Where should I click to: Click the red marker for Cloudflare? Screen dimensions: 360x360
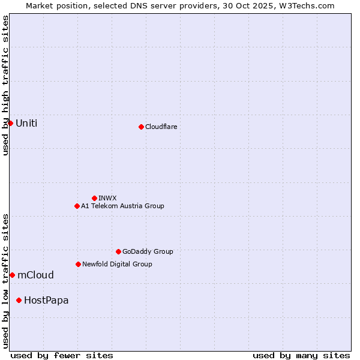tap(141, 127)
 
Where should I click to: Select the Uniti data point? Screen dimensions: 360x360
tap(10, 123)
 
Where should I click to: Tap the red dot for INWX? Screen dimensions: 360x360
tap(94, 198)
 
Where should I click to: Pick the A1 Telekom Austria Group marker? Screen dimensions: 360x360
tap(77, 206)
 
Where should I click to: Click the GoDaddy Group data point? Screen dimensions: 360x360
tap(118, 251)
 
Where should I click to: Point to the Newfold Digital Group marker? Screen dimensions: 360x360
tap(78, 264)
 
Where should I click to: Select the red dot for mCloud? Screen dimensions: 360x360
tap(12, 275)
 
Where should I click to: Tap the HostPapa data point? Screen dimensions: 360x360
tap(19, 300)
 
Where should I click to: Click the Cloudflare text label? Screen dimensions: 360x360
tap(161, 127)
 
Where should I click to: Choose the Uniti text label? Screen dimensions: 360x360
tap(26, 123)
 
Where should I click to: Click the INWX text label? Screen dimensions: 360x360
tap(107, 198)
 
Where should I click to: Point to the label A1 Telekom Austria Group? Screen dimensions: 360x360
tap(122, 206)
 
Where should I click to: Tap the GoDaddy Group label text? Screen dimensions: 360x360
tap(148, 251)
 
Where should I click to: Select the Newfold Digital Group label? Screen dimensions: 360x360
tap(117, 264)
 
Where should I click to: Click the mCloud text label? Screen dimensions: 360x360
tap(35, 275)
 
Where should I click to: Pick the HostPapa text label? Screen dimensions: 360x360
tap(46, 300)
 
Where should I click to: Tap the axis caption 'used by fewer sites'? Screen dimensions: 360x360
tap(62, 355)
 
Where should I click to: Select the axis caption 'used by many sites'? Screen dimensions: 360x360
tap(301, 355)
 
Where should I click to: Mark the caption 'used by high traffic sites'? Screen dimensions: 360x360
tap(5, 85)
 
